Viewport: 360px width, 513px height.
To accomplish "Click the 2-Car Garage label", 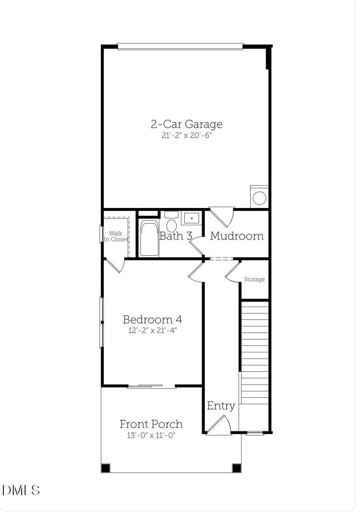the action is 186,124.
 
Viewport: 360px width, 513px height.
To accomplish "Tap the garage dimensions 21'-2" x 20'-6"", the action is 186,135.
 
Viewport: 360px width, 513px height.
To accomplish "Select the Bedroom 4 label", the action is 152,319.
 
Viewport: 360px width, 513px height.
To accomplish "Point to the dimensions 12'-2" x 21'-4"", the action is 152,331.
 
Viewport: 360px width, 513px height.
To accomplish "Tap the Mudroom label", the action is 237,236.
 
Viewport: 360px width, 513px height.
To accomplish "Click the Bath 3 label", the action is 176,236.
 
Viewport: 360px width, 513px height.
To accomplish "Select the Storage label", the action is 254,279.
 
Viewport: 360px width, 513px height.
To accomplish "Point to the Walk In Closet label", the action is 116,237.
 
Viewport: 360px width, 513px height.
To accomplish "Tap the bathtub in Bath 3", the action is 149,238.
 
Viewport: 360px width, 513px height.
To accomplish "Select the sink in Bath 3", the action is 191,218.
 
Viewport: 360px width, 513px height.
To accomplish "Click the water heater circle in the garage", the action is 260,198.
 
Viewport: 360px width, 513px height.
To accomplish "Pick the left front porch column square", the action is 106,468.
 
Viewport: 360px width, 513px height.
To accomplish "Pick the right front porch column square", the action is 237,468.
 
